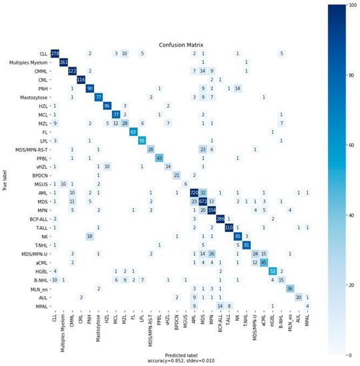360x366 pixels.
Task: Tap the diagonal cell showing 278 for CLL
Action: tap(55, 53)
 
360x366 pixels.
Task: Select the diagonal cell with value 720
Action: tap(195, 191)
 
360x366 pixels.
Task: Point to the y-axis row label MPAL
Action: tap(39, 306)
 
